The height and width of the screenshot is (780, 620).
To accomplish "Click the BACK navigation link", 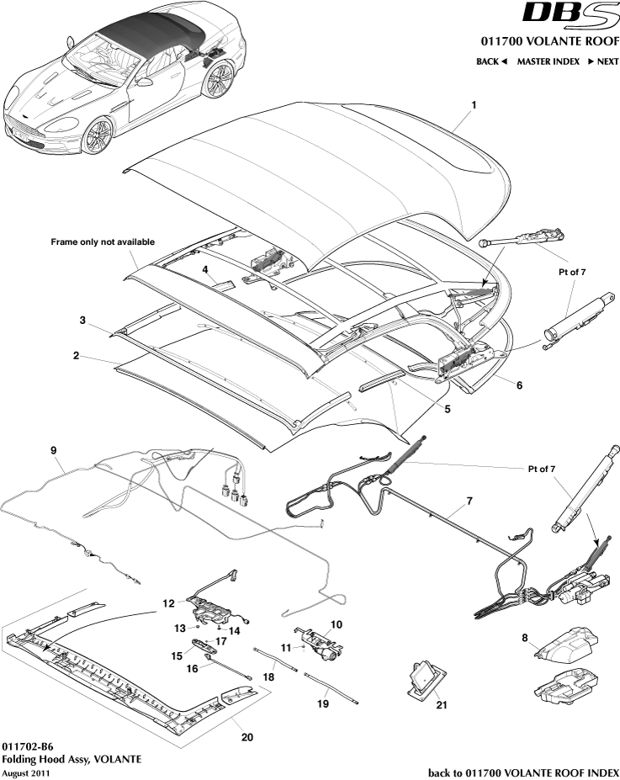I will (492, 61).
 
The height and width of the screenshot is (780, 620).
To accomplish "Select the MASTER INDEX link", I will (548, 61).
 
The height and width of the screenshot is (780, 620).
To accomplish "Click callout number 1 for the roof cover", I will (474, 105).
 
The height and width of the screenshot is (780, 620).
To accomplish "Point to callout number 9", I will (53, 451).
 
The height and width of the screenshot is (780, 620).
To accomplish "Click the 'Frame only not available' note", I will (103, 241).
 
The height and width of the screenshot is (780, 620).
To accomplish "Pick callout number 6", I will (519, 385).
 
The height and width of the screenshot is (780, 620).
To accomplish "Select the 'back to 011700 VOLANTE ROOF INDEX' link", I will (523, 772).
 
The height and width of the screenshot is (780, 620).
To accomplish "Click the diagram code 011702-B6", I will (31, 746).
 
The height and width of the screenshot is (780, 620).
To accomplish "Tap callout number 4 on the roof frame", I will (204, 270).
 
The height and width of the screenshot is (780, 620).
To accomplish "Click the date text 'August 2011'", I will (26, 772).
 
